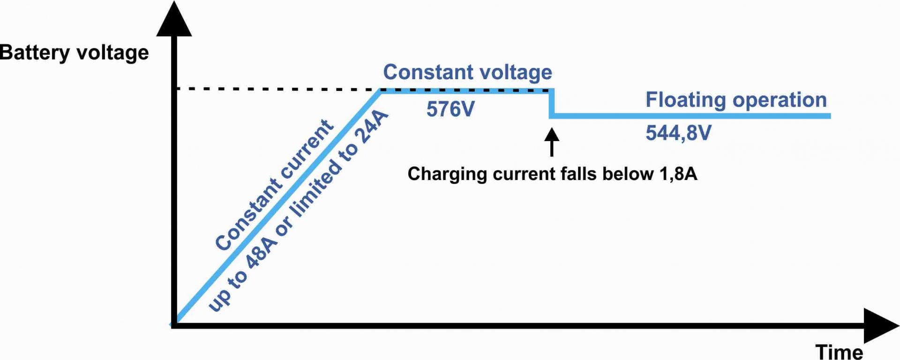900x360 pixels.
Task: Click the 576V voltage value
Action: [450, 109]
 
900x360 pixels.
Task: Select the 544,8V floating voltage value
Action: [678, 133]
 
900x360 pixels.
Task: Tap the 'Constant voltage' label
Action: [467, 72]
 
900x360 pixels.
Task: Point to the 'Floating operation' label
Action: [736, 100]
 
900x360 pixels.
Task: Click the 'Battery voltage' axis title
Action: [74, 52]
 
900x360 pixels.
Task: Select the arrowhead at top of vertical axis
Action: [174, 21]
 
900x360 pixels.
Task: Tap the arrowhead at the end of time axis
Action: [880, 325]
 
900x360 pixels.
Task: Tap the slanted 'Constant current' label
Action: [274, 185]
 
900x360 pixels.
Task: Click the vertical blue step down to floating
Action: [552, 103]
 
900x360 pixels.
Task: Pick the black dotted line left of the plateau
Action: [277, 88]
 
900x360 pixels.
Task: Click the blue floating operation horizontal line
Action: [689, 116]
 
